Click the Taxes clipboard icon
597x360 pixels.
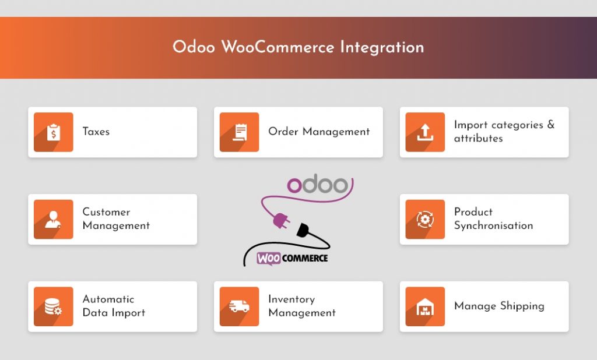54,132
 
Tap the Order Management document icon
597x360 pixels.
239,132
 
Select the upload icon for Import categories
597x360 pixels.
425,132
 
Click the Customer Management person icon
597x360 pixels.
54,220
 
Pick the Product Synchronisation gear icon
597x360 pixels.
425,220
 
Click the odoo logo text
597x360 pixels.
317,185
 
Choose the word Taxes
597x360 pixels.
96,132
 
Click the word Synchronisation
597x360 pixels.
493,226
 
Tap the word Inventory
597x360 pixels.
291,299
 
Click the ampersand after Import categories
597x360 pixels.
550,125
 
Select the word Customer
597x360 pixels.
106,212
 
